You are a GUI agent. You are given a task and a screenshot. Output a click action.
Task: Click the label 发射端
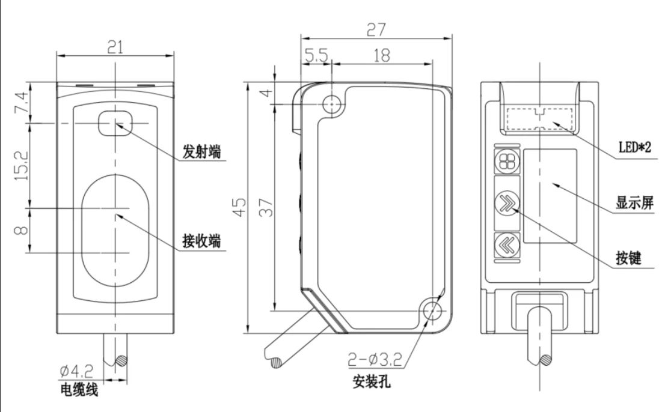pos(201,153)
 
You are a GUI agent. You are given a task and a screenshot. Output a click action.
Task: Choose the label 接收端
pos(201,241)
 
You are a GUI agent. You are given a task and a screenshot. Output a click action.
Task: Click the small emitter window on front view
pos(115,123)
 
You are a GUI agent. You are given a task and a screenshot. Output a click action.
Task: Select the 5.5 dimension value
pos(316,55)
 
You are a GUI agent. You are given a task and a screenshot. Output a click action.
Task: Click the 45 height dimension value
pos(239,207)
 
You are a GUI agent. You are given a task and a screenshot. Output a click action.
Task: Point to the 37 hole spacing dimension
pos(266,207)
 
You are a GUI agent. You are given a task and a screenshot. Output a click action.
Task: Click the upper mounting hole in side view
pos(332,105)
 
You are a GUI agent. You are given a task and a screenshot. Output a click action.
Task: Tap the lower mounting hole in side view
pos(431,311)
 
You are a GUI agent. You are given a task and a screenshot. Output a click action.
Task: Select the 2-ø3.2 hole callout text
pos(374,360)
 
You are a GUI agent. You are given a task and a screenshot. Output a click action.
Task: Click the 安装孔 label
pos(372,380)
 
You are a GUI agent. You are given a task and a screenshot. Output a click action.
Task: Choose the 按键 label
pos(628,258)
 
